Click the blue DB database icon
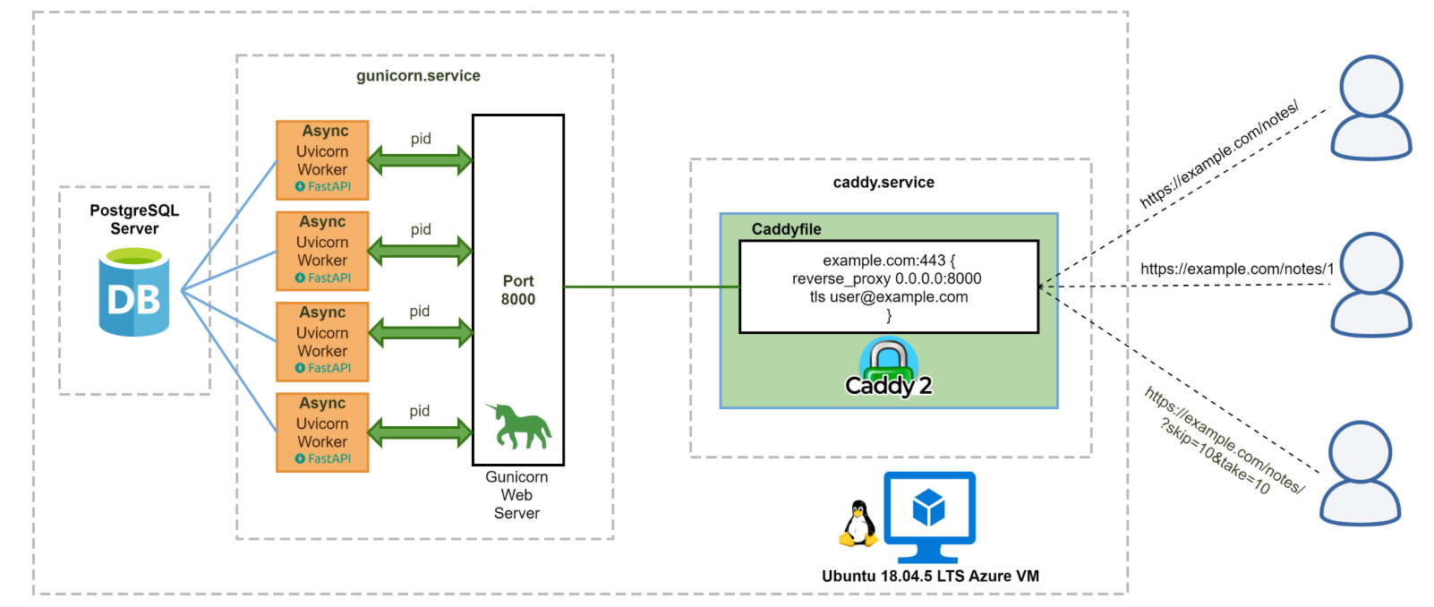[x=134, y=294]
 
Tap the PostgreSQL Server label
[x=134, y=219]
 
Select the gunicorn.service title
[x=418, y=76]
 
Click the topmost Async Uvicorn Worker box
[x=322, y=159]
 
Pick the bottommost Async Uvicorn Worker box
[x=322, y=432]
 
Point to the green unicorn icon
[x=521, y=426]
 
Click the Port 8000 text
[x=518, y=290]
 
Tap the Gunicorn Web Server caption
[x=516, y=495]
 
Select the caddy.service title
[x=883, y=183]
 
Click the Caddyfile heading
[x=786, y=229]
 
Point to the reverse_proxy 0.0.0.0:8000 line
[x=886, y=278]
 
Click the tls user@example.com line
[x=889, y=297]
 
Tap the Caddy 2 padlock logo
[x=889, y=368]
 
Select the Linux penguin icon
[x=858, y=524]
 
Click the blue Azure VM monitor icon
[x=929, y=516]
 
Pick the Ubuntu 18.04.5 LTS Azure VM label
[x=930, y=577]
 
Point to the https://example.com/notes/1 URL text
[x=1237, y=269]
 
